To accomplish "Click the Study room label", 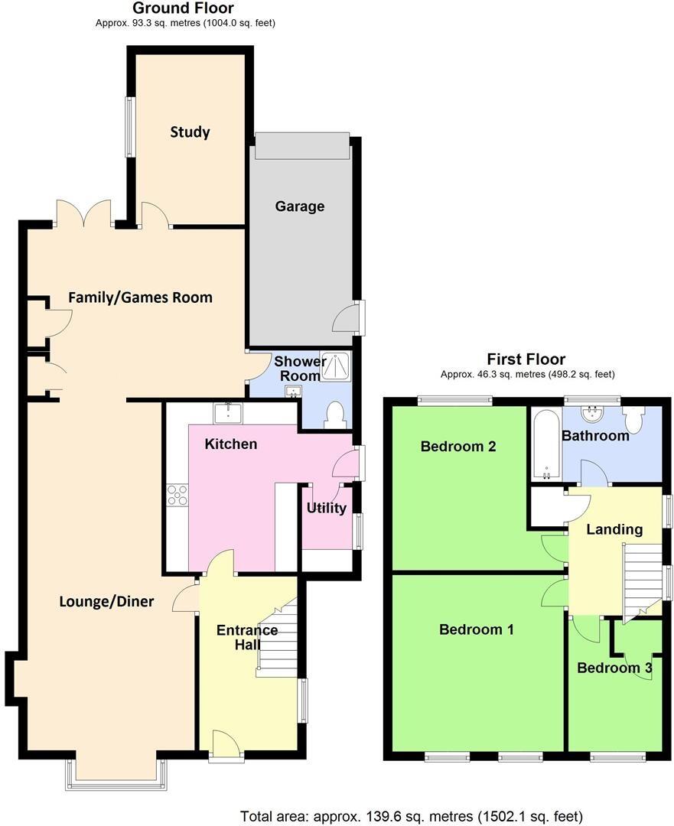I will tap(190, 132).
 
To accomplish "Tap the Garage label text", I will tap(300, 206).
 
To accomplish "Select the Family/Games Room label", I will tap(140, 297).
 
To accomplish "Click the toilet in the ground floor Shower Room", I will tap(334, 415).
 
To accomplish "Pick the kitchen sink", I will tap(229, 413).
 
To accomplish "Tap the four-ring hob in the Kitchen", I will tap(177, 496).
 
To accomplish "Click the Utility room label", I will tap(327, 508).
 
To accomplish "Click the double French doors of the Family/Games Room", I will tap(84, 213).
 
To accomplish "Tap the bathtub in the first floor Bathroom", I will tap(546, 444).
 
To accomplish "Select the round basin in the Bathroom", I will tap(591, 414).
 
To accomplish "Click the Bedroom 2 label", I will tap(458, 446).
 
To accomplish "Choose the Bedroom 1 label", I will tap(476, 629).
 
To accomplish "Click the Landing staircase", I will tap(642, 581).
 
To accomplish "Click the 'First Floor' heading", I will tap(526, 359).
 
